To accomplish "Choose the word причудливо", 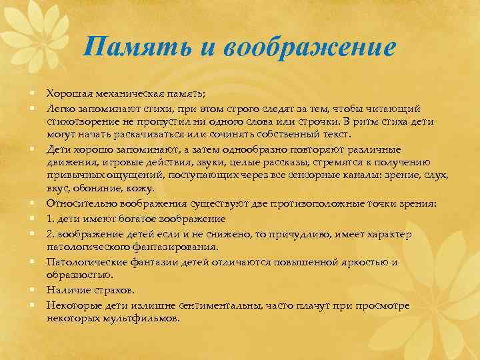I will (303, 234).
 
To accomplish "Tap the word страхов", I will (111, 290).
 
